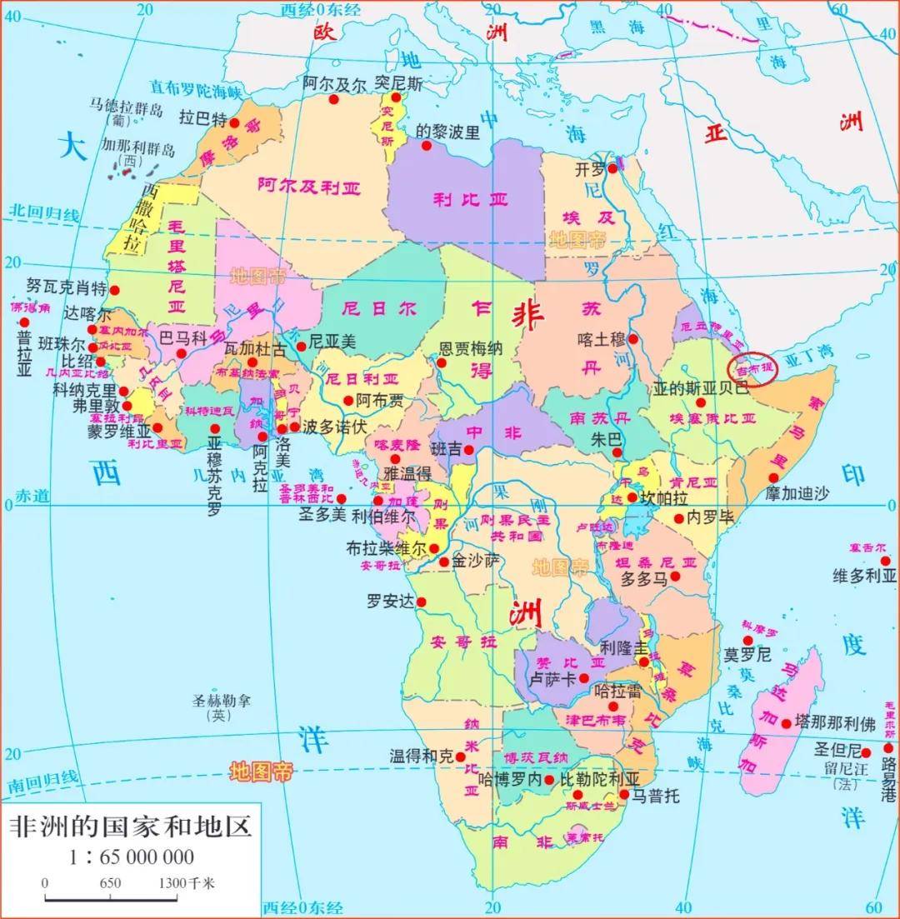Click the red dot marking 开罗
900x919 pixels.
pyautogui.click(x=612, y=168)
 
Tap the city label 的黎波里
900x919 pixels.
pyautogui.click(x=448, y=132)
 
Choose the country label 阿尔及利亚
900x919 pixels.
pyautogui.click(x=308, y=187)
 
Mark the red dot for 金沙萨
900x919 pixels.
pyautogui.click(x=444, y=562)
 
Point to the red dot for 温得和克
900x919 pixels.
pyautogui.click(x=461, y=757)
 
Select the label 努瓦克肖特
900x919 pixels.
pyautogui.click(x=67, y=288)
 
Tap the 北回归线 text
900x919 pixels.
pyautogui.click(x=45, y=212)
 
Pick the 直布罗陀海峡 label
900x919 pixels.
pyautogui.click(x=196, y=87)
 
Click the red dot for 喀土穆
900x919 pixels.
pyautogui.click(x=633, y=339)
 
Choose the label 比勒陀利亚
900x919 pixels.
pyautogui.click(x=598, y=779)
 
